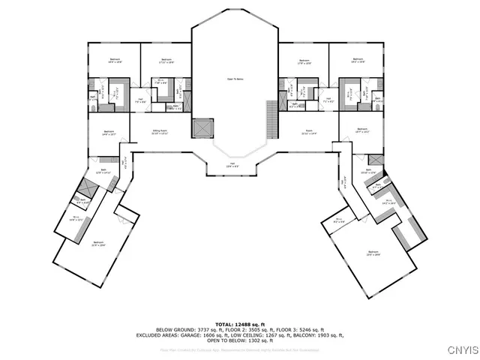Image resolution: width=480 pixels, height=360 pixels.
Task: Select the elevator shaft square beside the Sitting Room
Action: pos(202,128)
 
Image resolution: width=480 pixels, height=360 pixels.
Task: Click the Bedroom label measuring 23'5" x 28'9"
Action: pos(373,253)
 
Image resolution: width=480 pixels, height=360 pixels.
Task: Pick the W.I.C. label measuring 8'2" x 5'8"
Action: pos(339,221)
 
